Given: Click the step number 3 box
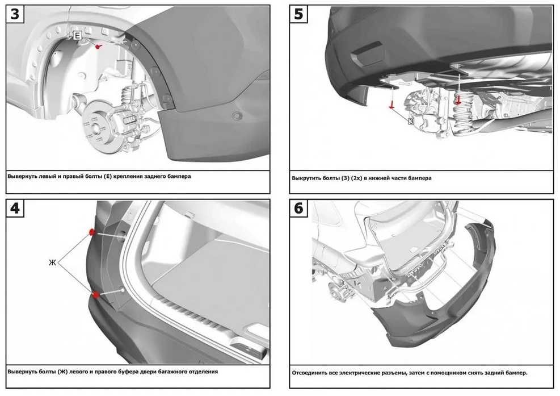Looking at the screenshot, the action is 15,14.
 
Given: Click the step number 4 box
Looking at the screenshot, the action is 15,208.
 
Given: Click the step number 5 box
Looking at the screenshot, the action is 298,14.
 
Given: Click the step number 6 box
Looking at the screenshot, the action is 298,208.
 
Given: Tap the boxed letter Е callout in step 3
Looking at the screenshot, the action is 78,35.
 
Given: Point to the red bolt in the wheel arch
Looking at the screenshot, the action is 98,46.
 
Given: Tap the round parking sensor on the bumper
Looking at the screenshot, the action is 237,115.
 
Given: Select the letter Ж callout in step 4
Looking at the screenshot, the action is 52,262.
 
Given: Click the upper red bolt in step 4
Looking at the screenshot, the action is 92,232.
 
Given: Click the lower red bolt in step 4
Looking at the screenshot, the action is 96,295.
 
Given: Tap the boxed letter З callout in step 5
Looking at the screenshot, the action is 411,121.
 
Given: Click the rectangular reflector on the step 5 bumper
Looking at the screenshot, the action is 367,54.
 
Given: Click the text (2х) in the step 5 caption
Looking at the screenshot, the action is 357,178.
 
